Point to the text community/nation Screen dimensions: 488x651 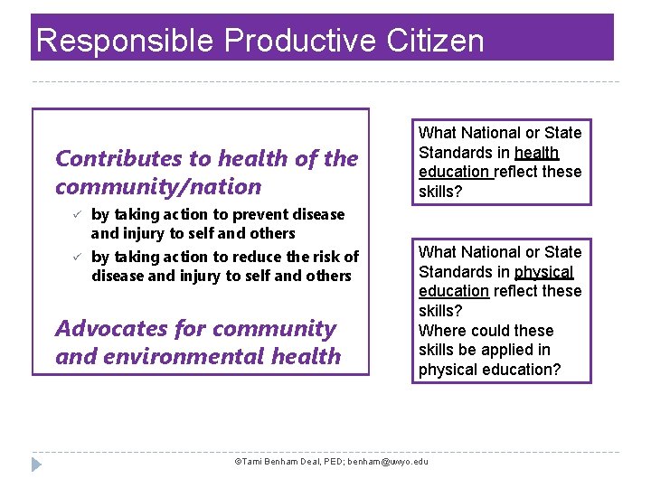[158, 187]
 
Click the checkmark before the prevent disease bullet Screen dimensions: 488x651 [77, 214]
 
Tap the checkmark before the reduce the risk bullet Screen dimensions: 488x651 [77, 257]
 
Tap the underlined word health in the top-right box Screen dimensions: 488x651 [536, 153]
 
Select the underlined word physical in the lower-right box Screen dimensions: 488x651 [543, 272]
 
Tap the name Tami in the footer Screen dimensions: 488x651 [250, 462]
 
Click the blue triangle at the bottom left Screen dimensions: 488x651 [36, 465]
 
